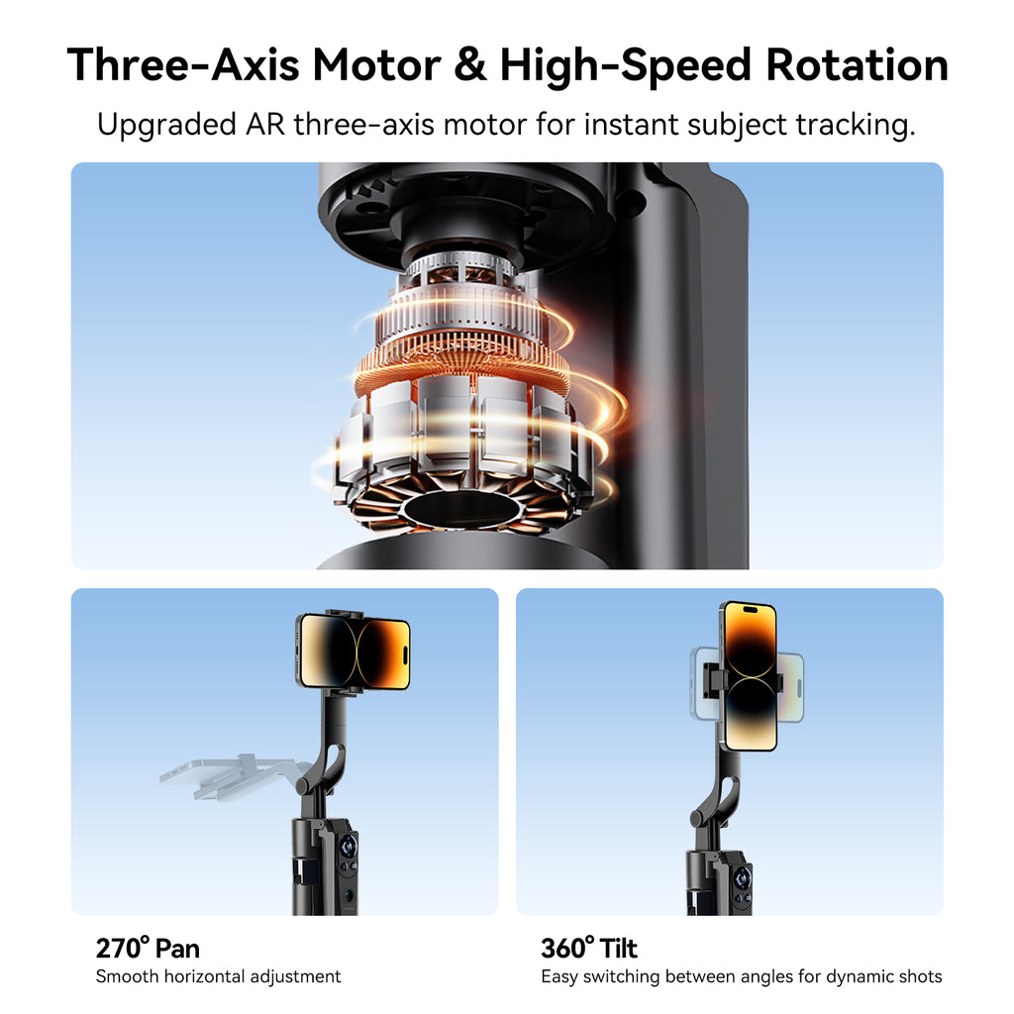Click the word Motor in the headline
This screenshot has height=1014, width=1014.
click(376, 65)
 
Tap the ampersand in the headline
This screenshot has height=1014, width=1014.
click(470, 65)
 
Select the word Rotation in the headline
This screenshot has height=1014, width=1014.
click(857, 65)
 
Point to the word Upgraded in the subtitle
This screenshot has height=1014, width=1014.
click(166, 125)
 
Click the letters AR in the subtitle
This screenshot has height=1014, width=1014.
click(265, 124)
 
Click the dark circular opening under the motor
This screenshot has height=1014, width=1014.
click(461, 508)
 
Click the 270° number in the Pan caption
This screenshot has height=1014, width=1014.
click(123, 948)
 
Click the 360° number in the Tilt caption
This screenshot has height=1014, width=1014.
click(567, 948)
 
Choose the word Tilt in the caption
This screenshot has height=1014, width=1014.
click(618, 948)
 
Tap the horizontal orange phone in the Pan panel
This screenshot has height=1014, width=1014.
click(354, 652)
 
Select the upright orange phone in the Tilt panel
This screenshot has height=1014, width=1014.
click(751, 675)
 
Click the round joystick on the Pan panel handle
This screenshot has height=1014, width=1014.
click(348, 846)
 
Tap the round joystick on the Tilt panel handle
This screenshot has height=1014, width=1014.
click(743, 878)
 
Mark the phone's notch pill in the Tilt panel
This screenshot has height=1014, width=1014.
click(751, 610)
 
